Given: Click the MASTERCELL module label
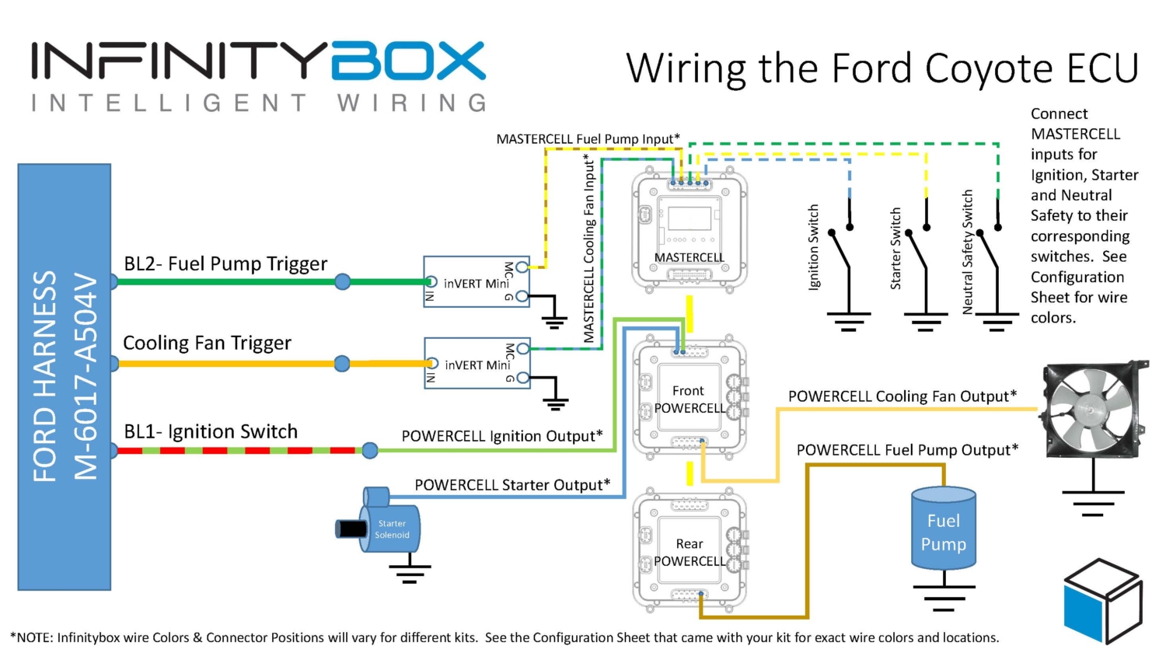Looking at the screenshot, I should (x=689, y=257).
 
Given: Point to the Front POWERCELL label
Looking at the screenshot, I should (x=689, y=399).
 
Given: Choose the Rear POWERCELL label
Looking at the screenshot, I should (x=689, y=552).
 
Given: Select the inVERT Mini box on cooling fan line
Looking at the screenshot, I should (x=477, y=363).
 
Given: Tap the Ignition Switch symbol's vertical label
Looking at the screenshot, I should (x=814, y=247).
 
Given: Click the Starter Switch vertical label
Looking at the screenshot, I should (x=895, y=248).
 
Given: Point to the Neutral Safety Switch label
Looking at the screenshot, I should (x=968, y=252).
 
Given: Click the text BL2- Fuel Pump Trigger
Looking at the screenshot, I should (x=225, y=263).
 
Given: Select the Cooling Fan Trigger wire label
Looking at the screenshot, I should (x=207, y=343).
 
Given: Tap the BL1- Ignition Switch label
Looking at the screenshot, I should (x=211, y=431).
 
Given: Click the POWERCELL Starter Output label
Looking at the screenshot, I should (x=512, y=485).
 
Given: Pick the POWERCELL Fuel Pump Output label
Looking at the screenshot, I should (x=907, y=450).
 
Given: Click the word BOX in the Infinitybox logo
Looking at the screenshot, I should (x=407, y=61).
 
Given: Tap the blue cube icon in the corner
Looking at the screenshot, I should (x=1102, y=601).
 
